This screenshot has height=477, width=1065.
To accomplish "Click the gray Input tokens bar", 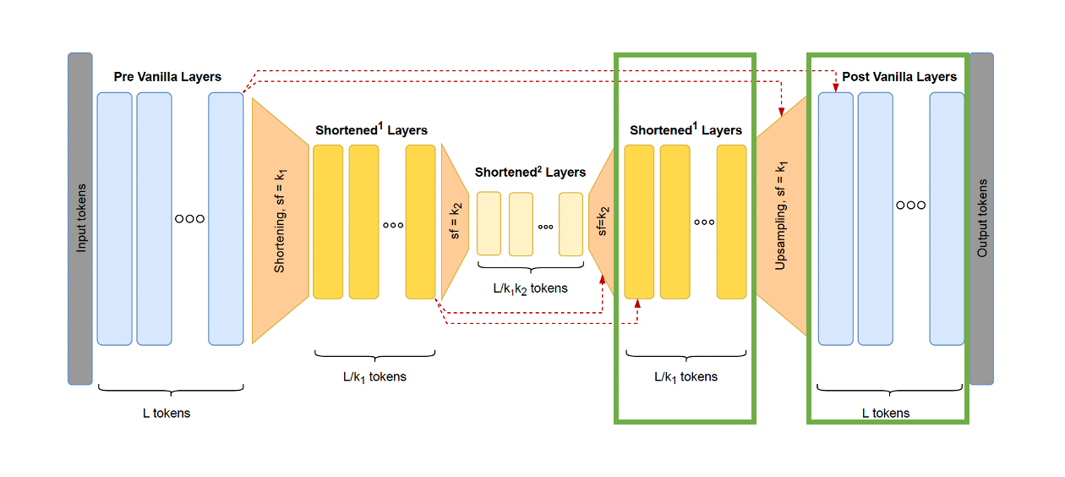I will point(80,218).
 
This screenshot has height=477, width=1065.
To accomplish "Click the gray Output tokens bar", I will point(981,218).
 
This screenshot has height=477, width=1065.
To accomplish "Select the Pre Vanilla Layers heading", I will point(167,77).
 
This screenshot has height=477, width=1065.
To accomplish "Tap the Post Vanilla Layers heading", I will point(899,77).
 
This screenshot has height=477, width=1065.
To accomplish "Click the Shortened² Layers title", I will point(530,173).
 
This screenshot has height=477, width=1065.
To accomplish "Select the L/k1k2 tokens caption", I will point(530,288).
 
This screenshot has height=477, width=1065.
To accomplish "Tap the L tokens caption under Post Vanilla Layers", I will point(886,414).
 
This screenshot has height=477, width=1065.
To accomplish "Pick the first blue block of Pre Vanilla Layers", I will point(115,218).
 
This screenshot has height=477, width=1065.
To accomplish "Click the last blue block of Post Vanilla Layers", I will point(947,218).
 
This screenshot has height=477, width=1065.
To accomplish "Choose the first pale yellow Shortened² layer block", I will point(489,223).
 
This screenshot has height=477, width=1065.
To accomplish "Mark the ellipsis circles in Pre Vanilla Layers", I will point(189,218).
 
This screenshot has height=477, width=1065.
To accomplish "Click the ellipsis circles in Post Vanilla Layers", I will point(910,206).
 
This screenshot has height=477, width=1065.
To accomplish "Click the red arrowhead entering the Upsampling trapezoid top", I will point(782,110).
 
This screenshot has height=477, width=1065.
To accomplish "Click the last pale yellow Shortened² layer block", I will point(571,223).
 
